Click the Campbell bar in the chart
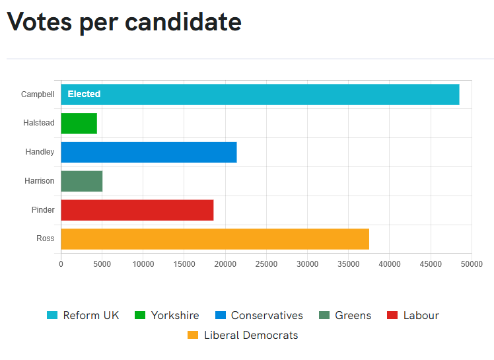(260, 94)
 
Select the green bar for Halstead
(79, 124)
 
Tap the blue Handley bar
(149, 153)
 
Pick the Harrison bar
(82, 181)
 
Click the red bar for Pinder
(137, 210)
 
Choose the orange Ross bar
(215, 239)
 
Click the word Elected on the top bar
(84, 94)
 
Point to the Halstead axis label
(39, 123)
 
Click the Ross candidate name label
(46, 238)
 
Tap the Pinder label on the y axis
(43, 209)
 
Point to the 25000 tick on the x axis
(266, 264)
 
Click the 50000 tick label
(472, 264)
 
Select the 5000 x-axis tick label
(102, 264)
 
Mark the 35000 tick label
(349, 264)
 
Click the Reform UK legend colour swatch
(52, 315)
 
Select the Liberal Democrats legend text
(251, 335)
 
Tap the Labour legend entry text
(421, 315)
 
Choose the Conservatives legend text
(267, 315)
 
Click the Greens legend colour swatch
(324, 315)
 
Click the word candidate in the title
(183, 22)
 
